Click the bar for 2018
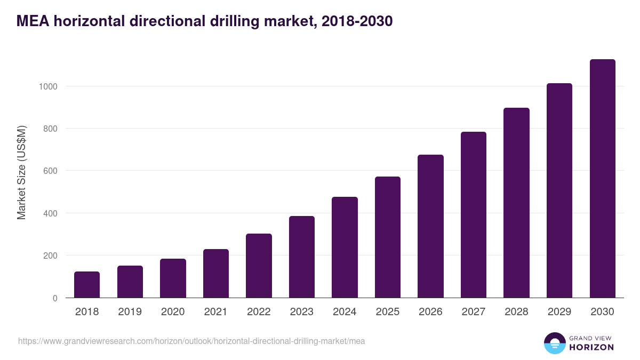tap(87, 285)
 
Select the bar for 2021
tap(216, 274)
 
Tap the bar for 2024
tap(345, 247)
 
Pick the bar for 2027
tap(474, 215)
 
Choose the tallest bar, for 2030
tap(602, 179)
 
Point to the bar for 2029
tap(559, 190)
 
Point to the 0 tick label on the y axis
tap(55, 298)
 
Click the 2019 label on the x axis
tap(130, 312)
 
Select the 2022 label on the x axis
tap(259, 312)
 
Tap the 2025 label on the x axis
tap(388, 312)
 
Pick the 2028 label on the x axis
tap(516, 312)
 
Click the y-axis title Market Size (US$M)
tap(21, 172)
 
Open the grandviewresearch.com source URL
tap(191, 341)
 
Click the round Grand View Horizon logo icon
tap(555, 343)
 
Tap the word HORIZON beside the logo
tap(592, 347)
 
